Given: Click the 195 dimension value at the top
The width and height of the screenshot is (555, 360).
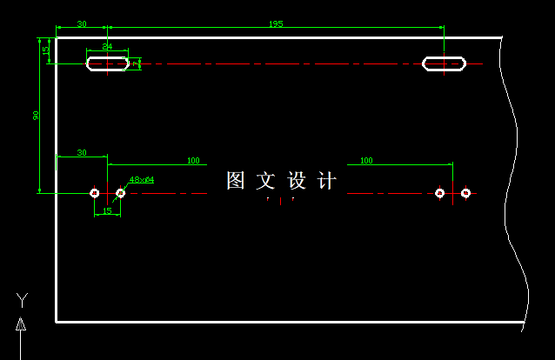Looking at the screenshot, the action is pyautogui.click(x=276, y=24).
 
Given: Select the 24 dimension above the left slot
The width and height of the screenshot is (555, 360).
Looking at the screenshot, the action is pyautogui.click(x=107, y=46).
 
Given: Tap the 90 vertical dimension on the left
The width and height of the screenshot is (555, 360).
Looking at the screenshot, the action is pyautogui.click(x=37, y=116).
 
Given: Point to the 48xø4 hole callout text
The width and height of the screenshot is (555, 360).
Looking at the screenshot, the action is pyautogui.click(x=142, y=180).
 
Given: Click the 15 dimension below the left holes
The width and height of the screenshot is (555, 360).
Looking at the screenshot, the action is pyautogui.click(x=107, y=210).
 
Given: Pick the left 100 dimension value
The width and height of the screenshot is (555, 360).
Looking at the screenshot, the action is pyautogui.click(x=193, y=161).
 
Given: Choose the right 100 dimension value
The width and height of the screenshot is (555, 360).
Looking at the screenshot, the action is pyautogui.click(x=366, y=161).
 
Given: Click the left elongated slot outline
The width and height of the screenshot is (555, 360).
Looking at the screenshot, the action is pyautogui.click(x=108, y=63).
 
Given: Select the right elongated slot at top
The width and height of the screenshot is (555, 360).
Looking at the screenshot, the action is pyautogui.click(x=444, y=63).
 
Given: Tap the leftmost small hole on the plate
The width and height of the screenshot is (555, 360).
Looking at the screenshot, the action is pyautogui.click(x=95, y=192).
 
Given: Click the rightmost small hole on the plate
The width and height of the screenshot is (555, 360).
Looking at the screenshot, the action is pyautogui.click(x=465, y=192).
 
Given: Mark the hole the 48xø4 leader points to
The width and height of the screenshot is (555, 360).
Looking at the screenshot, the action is pyautogui.click(x=120, y=192).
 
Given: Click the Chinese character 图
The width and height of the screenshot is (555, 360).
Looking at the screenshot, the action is pyautogui.click(x=236, y=181).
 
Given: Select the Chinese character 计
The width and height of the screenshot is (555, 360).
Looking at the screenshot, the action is pyautogui.click(x=327, y=181).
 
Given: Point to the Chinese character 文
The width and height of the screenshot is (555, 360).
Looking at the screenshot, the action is pyautogui.click(x=266, y=181).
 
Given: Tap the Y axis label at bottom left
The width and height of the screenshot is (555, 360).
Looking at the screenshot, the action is pyautogui.click(x=22, y=301).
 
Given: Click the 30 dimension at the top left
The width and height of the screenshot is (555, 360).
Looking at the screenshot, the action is pyautogui.click(x=82, y=24).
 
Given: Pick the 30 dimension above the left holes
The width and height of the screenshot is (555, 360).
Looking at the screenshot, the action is pyautogui.click(x=82, y=153).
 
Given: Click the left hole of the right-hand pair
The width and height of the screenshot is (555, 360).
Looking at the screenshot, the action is pyautogui.click(x=439, y=192).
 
